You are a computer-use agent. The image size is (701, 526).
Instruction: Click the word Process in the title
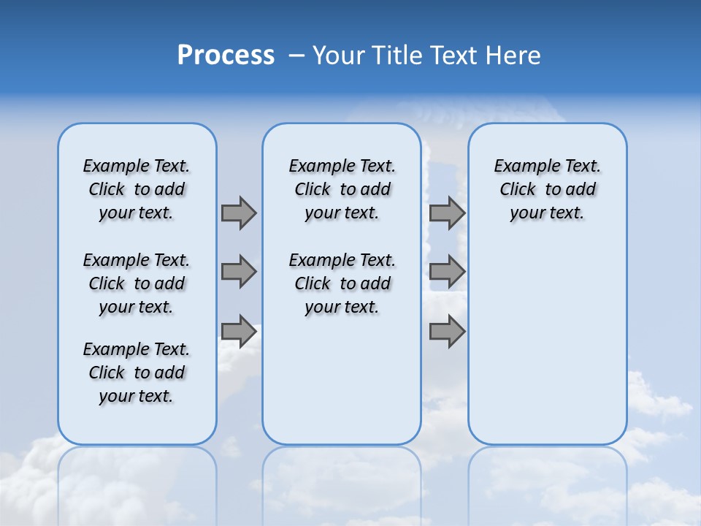(226, 55)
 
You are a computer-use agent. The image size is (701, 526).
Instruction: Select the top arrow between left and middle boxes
(239, 213)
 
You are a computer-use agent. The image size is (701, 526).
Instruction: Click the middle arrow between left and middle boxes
(239, 272)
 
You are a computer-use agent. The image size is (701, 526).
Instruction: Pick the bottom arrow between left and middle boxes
(239, 332)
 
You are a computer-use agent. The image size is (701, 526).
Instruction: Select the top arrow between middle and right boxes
(447, 213)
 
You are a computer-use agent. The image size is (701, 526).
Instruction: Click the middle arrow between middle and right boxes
(447, 272)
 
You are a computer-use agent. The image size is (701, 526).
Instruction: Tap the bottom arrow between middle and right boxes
(447, 332)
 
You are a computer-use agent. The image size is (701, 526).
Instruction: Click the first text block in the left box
(137, 189)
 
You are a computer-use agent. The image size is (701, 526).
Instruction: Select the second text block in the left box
(137, 283)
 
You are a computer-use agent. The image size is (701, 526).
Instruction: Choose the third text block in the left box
(137, 373)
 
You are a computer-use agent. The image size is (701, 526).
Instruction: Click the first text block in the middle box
(342, 189)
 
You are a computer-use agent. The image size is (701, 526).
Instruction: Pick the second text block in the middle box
(342, 283)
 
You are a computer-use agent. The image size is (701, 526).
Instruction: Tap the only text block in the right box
(547, 189)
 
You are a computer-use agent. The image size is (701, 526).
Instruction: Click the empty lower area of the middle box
(342, 380)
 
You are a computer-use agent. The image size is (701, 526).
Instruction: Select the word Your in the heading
(339, 56)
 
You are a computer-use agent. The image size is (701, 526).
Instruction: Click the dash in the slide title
(296, 56)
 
